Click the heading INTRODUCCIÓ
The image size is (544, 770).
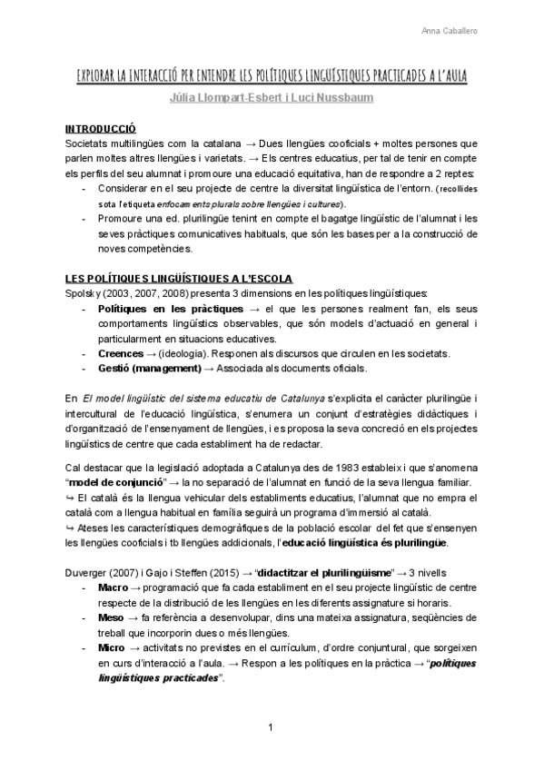101,129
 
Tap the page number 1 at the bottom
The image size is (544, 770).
271,726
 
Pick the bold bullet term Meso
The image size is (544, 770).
113,617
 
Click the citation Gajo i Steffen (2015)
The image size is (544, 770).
192,574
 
